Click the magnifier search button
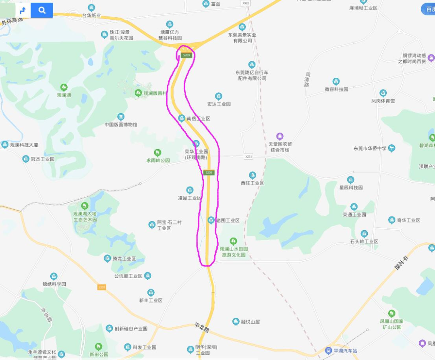pos(42,10)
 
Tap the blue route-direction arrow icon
pos(23,10)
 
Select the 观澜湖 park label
pos(64,95)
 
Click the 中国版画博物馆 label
pos(121,125)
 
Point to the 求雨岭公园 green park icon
pos(157,152)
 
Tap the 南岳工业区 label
pos(198,119)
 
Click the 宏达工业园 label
pos(219,104)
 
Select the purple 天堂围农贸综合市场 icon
pos(280,136)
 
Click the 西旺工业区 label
pos(252,183)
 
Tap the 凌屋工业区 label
pos(190,198)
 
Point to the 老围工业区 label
pos(228,221)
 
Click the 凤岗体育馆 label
pos(383,101)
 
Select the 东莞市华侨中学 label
pos(370,148)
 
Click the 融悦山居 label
pos(250,322)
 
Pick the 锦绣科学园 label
pos(54,284)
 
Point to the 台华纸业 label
pos(91,16)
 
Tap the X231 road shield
pos(248,156)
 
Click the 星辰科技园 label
pos(351,187)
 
